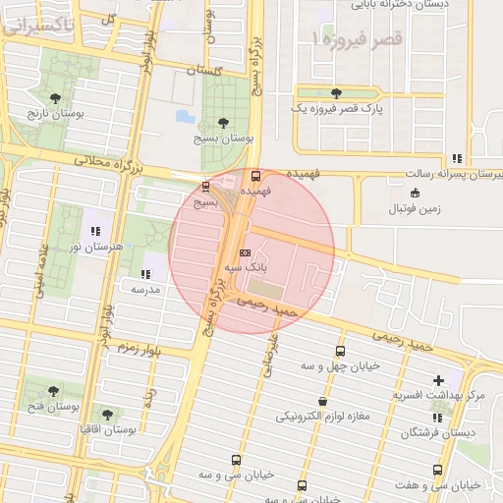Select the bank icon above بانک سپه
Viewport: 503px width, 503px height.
point(245,251)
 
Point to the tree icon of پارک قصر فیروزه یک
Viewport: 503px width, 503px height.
point(337,93)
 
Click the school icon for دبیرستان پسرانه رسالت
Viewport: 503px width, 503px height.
point(457,158)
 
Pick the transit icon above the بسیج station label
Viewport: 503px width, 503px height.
point(205,186)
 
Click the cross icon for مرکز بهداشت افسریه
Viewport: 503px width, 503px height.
point(438,380)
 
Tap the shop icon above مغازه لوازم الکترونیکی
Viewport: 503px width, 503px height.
point(322,401)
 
